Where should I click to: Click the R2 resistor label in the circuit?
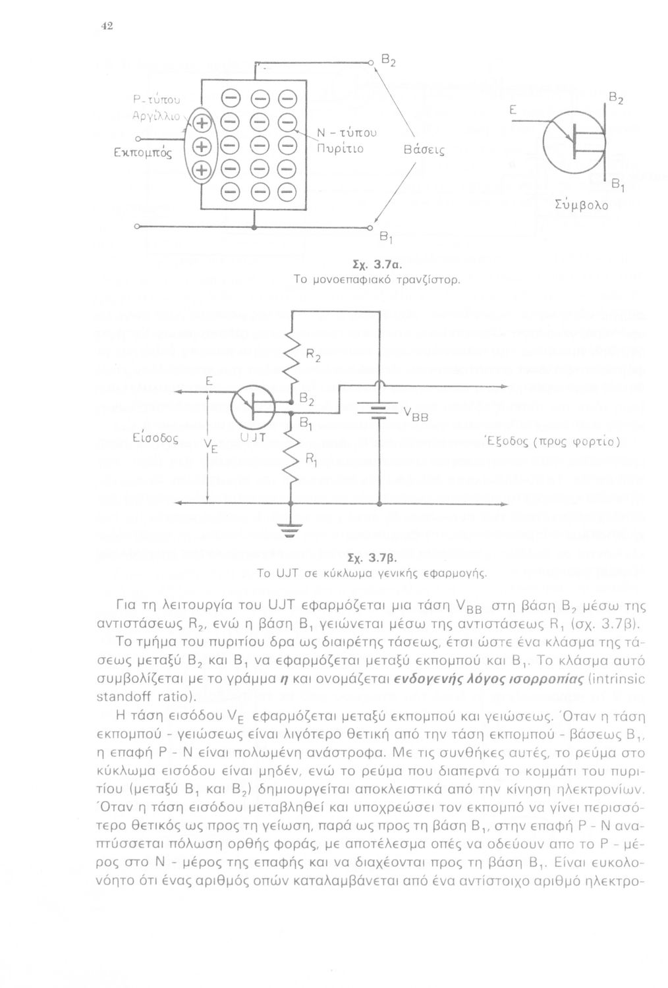(314, 358)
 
